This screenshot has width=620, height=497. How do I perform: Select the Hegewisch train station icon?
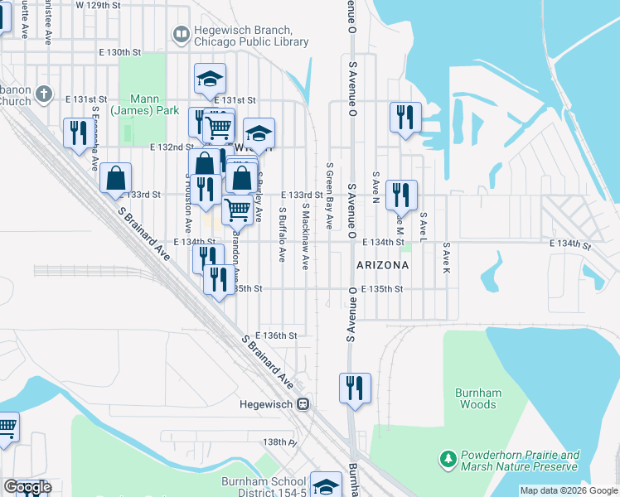click(x=304, y=404)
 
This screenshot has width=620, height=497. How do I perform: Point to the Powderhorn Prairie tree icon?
click(x=448, y=458)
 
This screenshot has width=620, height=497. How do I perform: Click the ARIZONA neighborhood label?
click(x=382, y=265)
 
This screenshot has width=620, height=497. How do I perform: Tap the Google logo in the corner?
click(x=27, y=486)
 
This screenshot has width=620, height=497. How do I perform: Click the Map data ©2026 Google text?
click(x=568, y=490)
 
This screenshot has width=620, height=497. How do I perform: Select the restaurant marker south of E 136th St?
click(x=355, y=388)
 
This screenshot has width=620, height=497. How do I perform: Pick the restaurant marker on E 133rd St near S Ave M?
click(x=401, y=195)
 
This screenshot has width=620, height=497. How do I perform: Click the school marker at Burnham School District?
click(x=326, y=485)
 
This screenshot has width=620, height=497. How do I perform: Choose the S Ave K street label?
click(x=445, y=258)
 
